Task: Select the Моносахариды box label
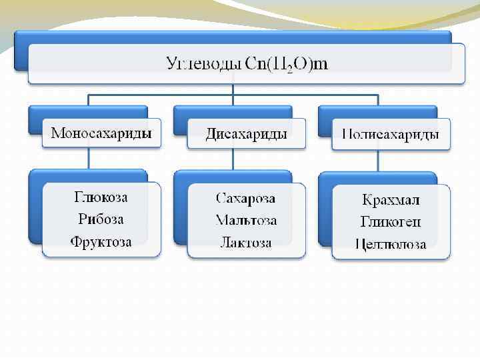[101, 133]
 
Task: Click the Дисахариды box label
[247, 133]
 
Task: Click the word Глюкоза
[101, 197]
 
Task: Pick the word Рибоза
[101, 219]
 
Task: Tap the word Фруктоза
[101, 241]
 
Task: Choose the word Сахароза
[246, 198]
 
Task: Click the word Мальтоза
[246, 220]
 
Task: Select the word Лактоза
[246, 242]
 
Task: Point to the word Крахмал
[391, 199]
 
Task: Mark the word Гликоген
[391, 221]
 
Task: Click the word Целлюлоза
[391, 244]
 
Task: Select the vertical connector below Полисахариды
[378, 160]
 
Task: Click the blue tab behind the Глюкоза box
[35, 207]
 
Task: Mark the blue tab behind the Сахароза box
[179, 207]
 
